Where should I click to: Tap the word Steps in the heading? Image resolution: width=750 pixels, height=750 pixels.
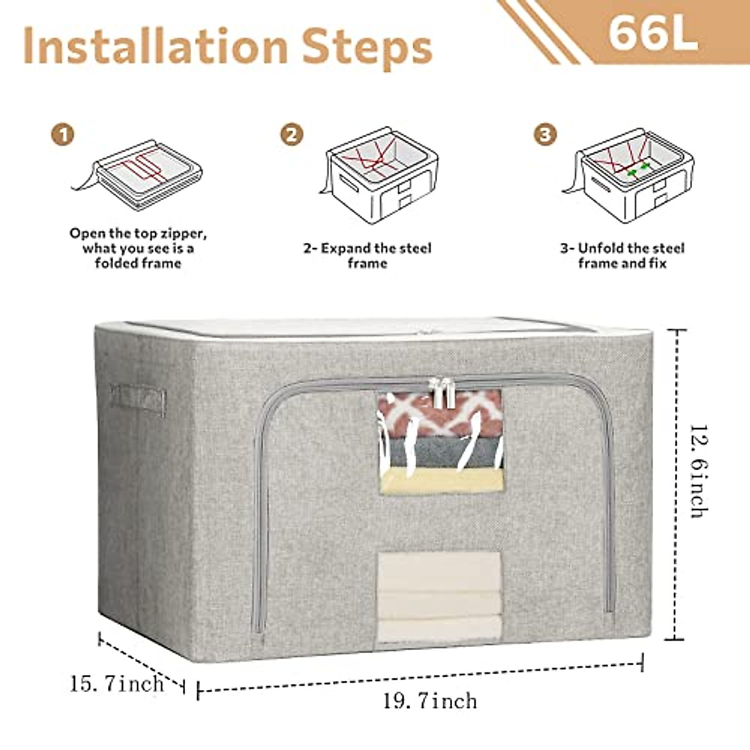(x=367, y=47)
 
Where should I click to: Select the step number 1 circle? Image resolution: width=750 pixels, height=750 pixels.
(x=62, y=134)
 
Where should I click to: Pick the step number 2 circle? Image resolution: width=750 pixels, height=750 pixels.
(x=291, y=134)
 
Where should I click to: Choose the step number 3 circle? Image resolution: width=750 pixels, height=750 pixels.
(x=545, y=134)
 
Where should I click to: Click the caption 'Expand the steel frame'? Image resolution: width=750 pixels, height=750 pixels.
(x=367, y=256)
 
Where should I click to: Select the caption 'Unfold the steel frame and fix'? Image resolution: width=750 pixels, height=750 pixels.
(x=622, y=256)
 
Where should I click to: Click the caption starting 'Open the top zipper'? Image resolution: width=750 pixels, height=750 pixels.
(x=138, y=248)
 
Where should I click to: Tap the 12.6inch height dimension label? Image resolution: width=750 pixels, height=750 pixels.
(x=699, y=472)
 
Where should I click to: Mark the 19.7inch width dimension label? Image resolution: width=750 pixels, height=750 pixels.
(x=430, y=701)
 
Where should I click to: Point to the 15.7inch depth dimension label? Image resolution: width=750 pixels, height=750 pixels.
(x=117, y=683)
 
